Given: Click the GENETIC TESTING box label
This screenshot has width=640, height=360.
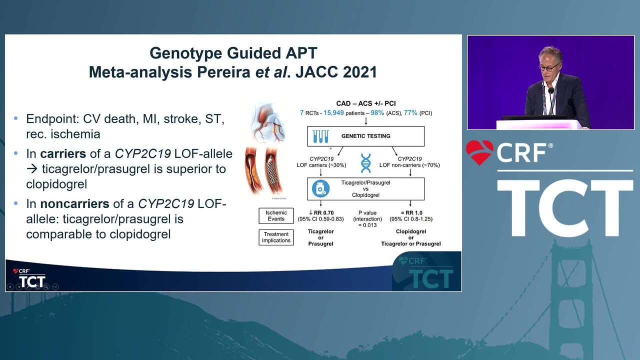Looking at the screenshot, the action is point(365,136).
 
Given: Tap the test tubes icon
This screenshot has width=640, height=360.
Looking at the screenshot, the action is point(320,136).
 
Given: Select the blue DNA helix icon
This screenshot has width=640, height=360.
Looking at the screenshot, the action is point(365,163).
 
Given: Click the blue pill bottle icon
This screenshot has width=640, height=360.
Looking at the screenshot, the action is point(320,189).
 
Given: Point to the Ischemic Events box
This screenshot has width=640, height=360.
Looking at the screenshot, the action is point(276,215).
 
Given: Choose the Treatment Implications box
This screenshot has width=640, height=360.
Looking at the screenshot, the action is point(276,237).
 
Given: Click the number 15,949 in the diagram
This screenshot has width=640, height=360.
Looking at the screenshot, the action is point(333,113).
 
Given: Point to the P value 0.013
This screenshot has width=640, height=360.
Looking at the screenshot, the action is point(367,225).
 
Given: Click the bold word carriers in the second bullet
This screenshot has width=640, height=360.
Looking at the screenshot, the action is point(63,153).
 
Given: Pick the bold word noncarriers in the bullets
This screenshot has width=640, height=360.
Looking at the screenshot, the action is point(74,203).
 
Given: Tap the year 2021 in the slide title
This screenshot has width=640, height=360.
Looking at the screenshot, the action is point(360,72).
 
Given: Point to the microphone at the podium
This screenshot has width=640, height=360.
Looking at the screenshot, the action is point(551,91).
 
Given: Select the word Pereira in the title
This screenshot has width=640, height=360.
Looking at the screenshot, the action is point(223,72).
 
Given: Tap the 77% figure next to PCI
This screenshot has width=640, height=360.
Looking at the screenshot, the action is point(410,113).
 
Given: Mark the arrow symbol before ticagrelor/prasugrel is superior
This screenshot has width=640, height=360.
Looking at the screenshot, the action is point(32,169).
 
